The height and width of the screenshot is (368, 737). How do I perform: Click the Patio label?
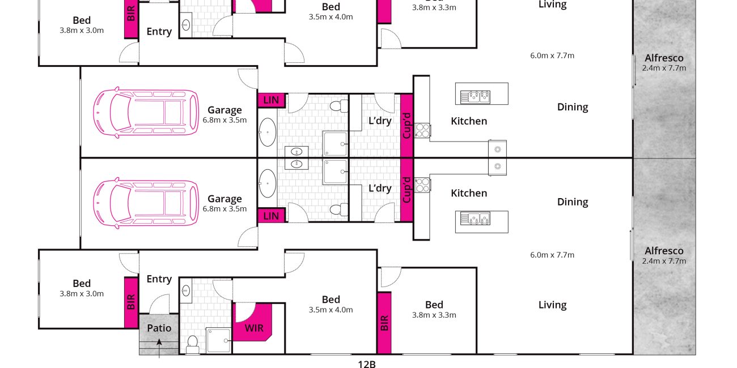coord(159,328)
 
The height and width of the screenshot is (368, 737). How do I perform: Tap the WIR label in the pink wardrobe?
coord(254,328)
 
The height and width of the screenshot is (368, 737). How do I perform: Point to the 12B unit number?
coord(367,363)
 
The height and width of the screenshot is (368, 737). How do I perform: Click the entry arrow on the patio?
coord(159,348)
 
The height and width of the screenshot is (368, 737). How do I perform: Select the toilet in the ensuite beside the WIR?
coord(192,344)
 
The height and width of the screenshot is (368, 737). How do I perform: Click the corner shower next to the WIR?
coord(218,340)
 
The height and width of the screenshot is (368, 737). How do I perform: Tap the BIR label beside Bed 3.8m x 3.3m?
coord(384,323)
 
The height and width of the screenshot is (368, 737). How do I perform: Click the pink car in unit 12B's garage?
coord(146,203)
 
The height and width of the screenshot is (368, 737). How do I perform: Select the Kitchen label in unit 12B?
coord(469,193)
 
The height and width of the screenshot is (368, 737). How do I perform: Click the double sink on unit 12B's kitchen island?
coord(475,219)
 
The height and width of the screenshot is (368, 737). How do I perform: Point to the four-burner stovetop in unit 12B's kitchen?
coord(422,185)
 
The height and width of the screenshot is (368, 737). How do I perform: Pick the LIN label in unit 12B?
coord(271,216)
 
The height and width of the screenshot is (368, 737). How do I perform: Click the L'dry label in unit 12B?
coord(380,189)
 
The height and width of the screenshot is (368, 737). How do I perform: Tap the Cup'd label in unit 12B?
coord(406,190)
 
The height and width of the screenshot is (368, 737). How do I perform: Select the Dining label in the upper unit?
coord(573,107)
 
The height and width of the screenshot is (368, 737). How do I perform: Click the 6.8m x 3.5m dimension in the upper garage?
coord(225,120)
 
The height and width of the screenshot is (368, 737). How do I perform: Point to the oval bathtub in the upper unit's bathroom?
coord(267,132)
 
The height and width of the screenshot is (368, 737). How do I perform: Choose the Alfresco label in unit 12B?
coord(664,251)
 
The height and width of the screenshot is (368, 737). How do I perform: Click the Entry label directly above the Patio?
coord(159,279)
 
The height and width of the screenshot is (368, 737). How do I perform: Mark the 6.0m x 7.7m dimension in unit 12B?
coord(552,255)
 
